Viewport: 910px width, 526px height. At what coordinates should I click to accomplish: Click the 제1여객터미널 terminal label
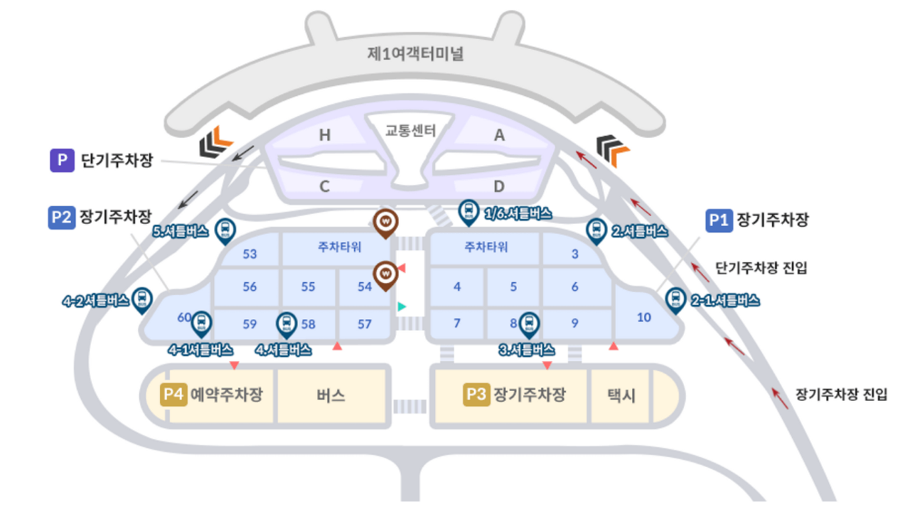point(416,54)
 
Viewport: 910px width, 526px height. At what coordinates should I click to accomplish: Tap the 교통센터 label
point(410,131)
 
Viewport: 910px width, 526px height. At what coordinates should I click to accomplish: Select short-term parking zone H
point(324,135)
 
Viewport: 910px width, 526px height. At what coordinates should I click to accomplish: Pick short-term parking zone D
point(499,187)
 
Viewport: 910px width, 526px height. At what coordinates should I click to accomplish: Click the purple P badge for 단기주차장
point(62,161)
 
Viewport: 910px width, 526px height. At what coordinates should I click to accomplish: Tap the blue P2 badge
point(62,218)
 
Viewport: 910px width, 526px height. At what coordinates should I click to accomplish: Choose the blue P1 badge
point(719,221)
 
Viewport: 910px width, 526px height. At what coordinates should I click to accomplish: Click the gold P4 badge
point(174,394)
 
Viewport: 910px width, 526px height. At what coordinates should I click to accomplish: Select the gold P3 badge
point(476,394)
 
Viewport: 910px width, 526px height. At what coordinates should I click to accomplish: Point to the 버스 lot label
point(331,396)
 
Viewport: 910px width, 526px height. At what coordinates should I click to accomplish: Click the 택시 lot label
point(621,396)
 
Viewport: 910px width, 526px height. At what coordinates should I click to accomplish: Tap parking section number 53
point(250,254)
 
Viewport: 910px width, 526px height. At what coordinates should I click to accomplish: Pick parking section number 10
point(644,318)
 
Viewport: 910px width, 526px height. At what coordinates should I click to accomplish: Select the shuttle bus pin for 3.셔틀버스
point(528,324)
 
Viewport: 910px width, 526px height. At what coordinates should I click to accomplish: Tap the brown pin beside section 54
point(385,274)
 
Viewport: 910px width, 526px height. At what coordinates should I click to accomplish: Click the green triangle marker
point(402,306)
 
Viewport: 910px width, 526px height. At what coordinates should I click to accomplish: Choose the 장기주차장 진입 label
point(841,395)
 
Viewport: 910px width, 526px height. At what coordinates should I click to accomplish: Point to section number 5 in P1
point(514,287)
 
